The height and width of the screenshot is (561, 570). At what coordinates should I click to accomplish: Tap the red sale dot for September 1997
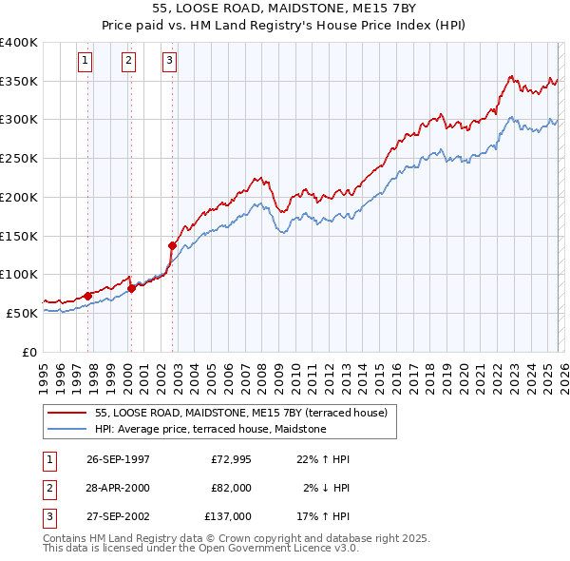88,296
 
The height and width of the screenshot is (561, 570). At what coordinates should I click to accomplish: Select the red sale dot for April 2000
131,289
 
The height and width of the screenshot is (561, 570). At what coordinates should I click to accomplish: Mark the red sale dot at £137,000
172,245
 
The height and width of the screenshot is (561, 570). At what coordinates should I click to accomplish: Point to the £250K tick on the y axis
19,158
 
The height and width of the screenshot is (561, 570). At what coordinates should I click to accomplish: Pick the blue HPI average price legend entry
210,429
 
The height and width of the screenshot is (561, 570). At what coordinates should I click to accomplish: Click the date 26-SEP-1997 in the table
118,459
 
